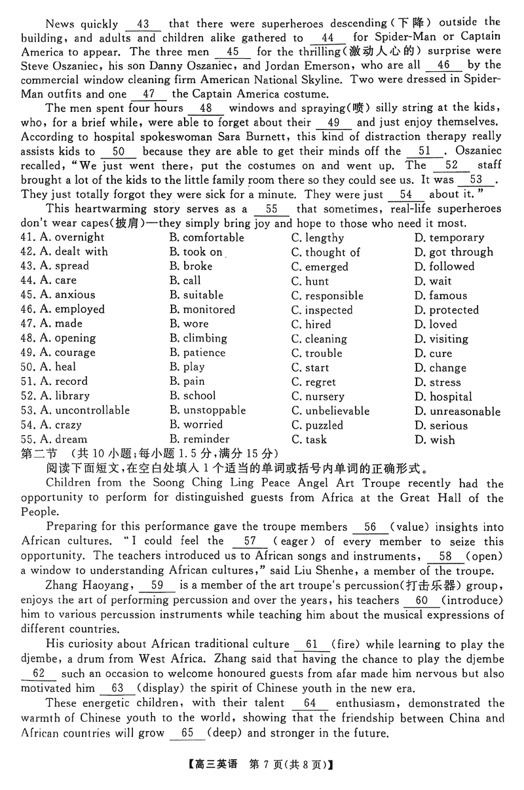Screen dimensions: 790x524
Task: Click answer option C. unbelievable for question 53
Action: pyautogui.click(x=330, y=411)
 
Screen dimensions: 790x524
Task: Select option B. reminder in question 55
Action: pyautogui.click(x=199, y=439)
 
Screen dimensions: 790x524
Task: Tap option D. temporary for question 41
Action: pyautogui.click(x=449, y=238)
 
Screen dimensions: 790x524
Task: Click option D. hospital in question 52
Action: pyautogui.click(x=443, y=397)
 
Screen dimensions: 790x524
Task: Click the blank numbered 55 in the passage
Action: pyautogui.click(x=272, y=209)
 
